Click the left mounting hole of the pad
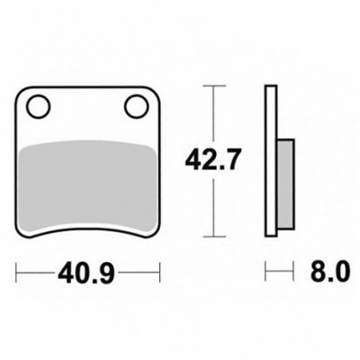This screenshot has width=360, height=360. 38,106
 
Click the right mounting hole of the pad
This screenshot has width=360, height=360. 137,106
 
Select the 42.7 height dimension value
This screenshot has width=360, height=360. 212,160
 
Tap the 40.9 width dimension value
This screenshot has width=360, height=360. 86,273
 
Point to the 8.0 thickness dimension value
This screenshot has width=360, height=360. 330,273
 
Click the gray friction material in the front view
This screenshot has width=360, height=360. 87,187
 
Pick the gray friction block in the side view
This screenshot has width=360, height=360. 285,184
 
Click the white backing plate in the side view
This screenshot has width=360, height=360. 271,161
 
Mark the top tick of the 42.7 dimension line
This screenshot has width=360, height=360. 214,86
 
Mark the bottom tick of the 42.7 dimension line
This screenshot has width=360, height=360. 214,237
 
